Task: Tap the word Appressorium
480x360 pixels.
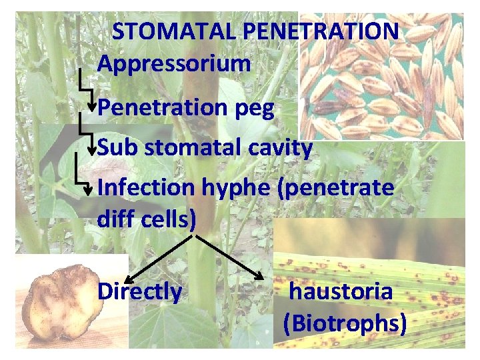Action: point(174,64)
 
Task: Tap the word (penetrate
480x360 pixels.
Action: point(336,189)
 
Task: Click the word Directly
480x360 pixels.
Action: point(139,292)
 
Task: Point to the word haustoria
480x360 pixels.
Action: point(340,291)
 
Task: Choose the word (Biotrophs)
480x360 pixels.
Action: point(345,323)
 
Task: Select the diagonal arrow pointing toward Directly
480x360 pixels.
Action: point(160,257)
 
